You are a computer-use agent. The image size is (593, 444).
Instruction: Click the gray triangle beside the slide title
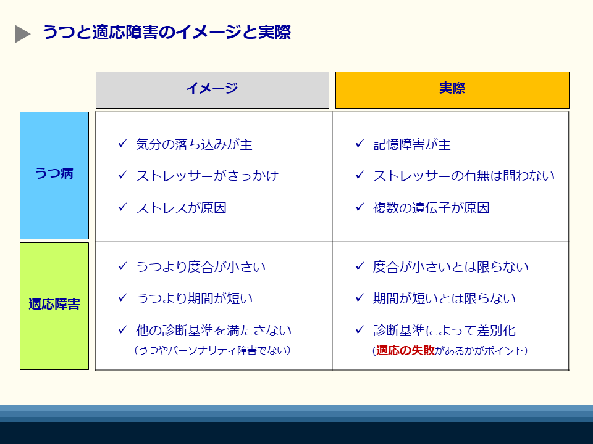[x=22, y=34]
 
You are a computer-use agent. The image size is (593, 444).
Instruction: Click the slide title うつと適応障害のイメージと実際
[x=166, y=33]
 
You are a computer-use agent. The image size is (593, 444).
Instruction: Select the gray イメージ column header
[x=212, y=89]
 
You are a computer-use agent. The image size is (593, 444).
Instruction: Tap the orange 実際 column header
[x=452, y=89]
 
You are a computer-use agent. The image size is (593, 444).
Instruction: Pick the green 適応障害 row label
[x=54, y=305]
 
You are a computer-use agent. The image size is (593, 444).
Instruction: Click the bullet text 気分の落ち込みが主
[x=194, y=145]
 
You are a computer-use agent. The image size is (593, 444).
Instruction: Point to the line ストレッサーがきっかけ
[x=207, y=176]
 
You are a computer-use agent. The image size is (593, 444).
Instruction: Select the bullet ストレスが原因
[x=181, y=208]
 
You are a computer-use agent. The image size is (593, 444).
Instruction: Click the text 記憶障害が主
[x=412, y=145]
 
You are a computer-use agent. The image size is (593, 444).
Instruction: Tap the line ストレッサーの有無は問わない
[x=464, y=176]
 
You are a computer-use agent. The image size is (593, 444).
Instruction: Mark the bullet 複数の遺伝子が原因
[x=431, y=208]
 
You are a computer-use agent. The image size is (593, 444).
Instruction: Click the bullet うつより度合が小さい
[x=201, y=267]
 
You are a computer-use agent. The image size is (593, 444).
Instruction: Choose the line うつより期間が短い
[x=194, y=298]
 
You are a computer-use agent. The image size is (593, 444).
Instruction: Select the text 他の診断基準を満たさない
[x=214, y=331]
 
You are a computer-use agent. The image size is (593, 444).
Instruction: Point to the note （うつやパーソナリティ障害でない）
[x=212, y=350]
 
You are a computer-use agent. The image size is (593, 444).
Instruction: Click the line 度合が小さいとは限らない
[x=451, y=267]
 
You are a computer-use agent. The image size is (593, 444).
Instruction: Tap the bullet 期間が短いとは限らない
[x=444, y=298]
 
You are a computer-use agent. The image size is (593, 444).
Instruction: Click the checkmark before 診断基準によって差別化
[x=360, y=330]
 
